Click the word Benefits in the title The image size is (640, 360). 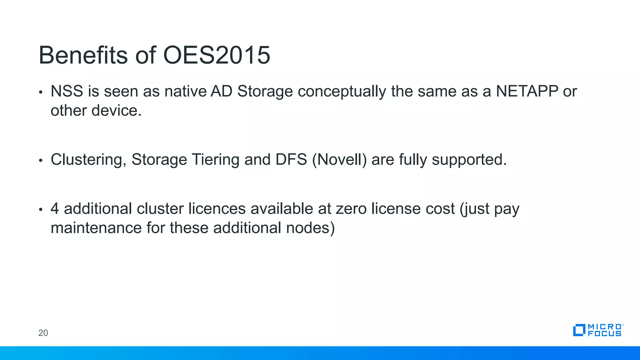coord(83,55)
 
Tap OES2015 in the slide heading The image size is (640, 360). coord(217,55)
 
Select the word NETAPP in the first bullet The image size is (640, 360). coord(527,91)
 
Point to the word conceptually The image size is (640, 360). coord(342,92)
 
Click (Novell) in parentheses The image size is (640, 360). coord(339,160)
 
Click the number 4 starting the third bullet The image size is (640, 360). coord(55,209)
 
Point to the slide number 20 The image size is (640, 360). coord(43,333)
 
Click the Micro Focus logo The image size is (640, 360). coord(598,330)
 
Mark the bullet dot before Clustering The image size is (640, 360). coord(40,160)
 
